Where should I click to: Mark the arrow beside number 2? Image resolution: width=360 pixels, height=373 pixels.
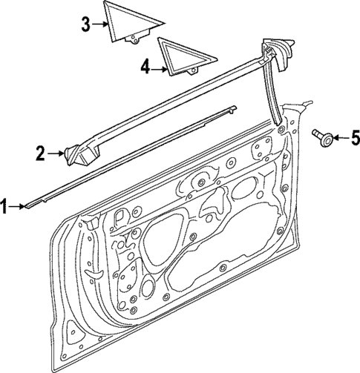click(x=55, y=154)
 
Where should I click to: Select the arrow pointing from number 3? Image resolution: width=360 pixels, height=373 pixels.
click(x=102, y=25)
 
